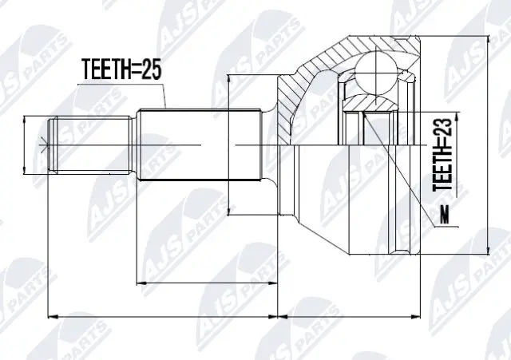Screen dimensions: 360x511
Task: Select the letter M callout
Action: [445, 215]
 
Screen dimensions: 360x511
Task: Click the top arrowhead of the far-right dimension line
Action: [488, 40]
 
